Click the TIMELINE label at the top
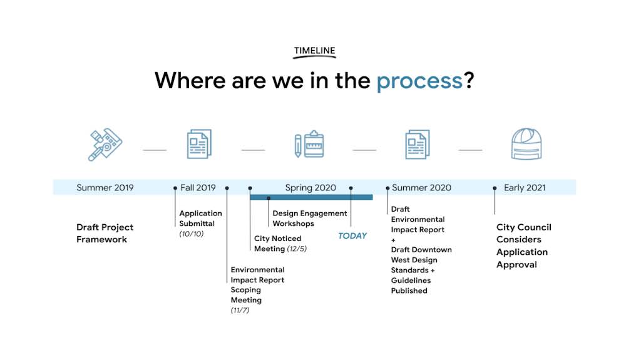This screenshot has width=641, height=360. click(315, 51)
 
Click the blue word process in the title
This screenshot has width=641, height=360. click(419, 81)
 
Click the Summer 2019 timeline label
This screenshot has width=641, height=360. click(105, 188)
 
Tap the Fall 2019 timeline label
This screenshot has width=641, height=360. click(198, 188)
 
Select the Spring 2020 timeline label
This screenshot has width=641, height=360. click(310, 188)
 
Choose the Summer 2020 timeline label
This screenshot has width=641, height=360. click(421, 188)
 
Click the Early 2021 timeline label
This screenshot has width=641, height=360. click(525, 188)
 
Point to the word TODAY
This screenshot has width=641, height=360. click(352, 236)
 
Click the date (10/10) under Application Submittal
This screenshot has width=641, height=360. click(192, 234)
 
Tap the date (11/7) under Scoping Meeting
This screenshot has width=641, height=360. click(240, 310)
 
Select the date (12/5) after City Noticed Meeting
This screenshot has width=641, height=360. click(297, 249)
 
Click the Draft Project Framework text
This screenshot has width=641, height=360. click(105, 234)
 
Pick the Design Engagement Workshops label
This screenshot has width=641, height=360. click(309, 219)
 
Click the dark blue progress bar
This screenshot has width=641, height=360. click(311, 197)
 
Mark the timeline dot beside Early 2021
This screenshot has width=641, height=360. click(495, 188)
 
